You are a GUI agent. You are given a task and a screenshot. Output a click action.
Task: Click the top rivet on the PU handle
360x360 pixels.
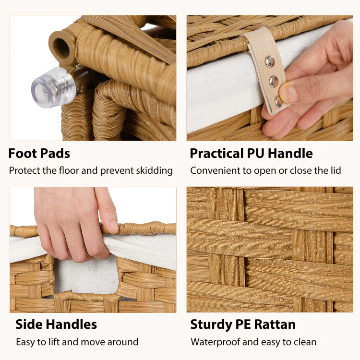(x=270, y=61)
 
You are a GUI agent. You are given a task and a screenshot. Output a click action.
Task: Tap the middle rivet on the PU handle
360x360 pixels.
(x=274, y=81)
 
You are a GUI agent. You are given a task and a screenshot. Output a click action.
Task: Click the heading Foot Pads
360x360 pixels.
(x=39, y=154)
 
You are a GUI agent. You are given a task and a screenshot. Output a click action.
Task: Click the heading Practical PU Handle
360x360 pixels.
(x=251, y=154)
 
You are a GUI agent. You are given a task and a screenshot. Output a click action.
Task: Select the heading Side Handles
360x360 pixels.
(x=56, y=324)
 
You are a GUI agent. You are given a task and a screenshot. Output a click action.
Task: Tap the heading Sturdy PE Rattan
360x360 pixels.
(x=243, y=324)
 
